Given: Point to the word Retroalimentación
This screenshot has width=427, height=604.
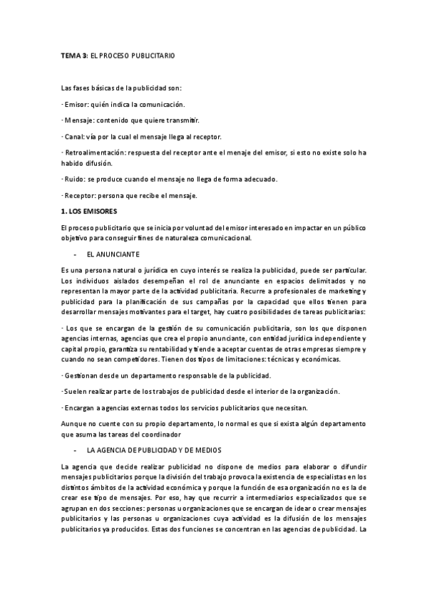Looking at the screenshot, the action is click(93, 153).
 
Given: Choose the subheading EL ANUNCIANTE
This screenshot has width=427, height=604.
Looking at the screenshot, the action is click(113, 254).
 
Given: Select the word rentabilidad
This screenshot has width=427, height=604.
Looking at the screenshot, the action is click(161, 350).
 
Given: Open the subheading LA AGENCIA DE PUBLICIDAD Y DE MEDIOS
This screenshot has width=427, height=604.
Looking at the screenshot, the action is click(154, 450).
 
